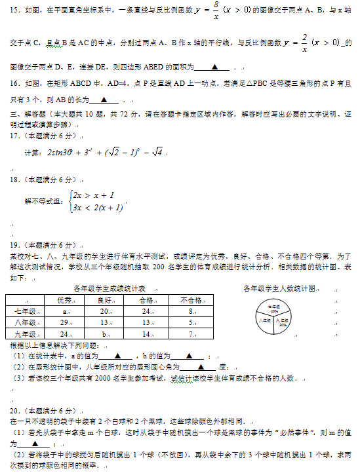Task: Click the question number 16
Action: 16,84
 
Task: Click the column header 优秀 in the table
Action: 64,299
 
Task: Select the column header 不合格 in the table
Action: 190,299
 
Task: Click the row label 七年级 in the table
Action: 25,311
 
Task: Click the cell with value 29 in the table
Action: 64,322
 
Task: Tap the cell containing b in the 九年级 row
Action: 104,334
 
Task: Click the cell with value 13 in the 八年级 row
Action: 104,322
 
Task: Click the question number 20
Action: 16,410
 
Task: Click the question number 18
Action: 16,179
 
